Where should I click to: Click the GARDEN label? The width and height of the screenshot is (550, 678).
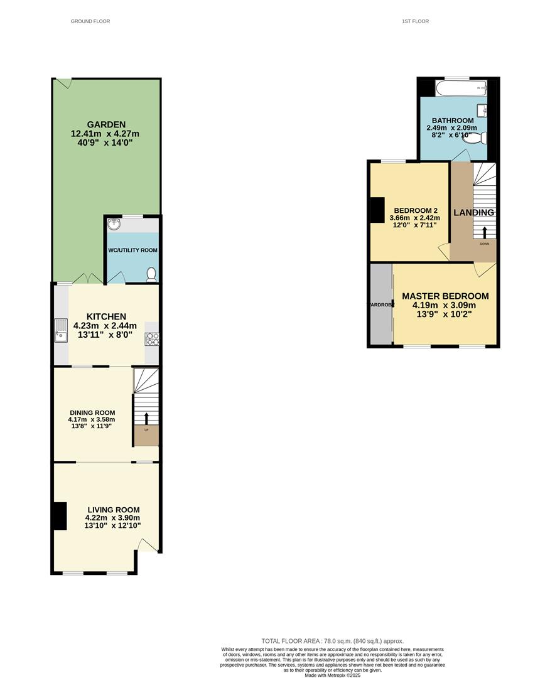coord(106,124)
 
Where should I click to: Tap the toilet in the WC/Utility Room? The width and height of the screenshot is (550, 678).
coord(151,274)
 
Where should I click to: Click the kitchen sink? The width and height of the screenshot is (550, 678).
coord(61,330)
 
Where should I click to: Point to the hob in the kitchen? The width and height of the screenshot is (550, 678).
coord(152,339)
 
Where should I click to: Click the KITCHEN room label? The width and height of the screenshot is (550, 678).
coord(106,316)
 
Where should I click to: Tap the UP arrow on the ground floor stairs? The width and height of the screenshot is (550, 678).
coord(147,419)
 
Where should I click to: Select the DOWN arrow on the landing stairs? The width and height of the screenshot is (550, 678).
coord(484,232)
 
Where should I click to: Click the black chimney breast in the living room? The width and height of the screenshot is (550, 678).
coord(59,516)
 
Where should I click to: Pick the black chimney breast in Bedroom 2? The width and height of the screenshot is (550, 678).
coord(377,210)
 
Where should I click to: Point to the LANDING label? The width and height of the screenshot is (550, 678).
coord(474,213)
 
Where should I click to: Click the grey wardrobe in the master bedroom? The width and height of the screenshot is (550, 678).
coord(380,304)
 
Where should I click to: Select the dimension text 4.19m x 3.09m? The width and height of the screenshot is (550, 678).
coord(445,305)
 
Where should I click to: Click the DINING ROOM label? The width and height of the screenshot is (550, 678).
coord(92,412)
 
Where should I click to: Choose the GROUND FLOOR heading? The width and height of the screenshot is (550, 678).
coord(90,21)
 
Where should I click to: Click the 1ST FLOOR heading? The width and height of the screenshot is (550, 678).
coord(416,21)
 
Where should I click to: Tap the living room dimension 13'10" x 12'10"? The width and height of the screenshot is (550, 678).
coord(113,526)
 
